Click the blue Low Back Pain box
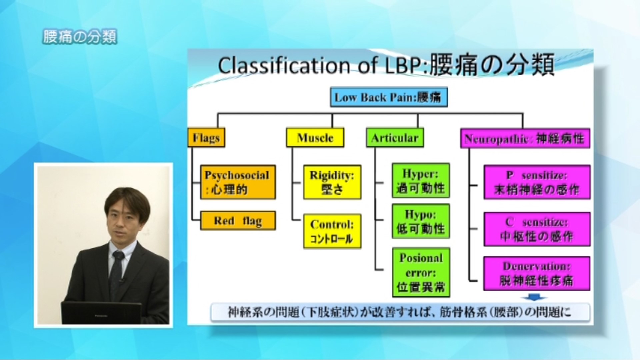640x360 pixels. click(389, 97)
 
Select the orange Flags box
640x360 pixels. click(206, 138)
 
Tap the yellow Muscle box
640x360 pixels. click(315, 138)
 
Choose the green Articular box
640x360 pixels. click(395, 138)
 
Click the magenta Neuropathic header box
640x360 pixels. click(525, 138)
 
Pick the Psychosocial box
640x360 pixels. click(238, 182)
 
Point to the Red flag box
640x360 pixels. click(238, 221)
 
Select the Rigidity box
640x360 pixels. click(332, 182)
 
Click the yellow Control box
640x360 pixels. click(332, 231)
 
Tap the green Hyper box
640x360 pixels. click(421, 180)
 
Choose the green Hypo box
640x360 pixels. click(421, 221)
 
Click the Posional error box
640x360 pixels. click(421, 272)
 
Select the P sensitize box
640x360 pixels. click(537, 182)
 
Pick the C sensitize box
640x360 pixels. click(537, 229)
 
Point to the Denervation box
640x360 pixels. click(537, 273)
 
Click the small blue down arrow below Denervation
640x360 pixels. click(537, 297)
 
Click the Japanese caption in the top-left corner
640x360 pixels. click(80, 37)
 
